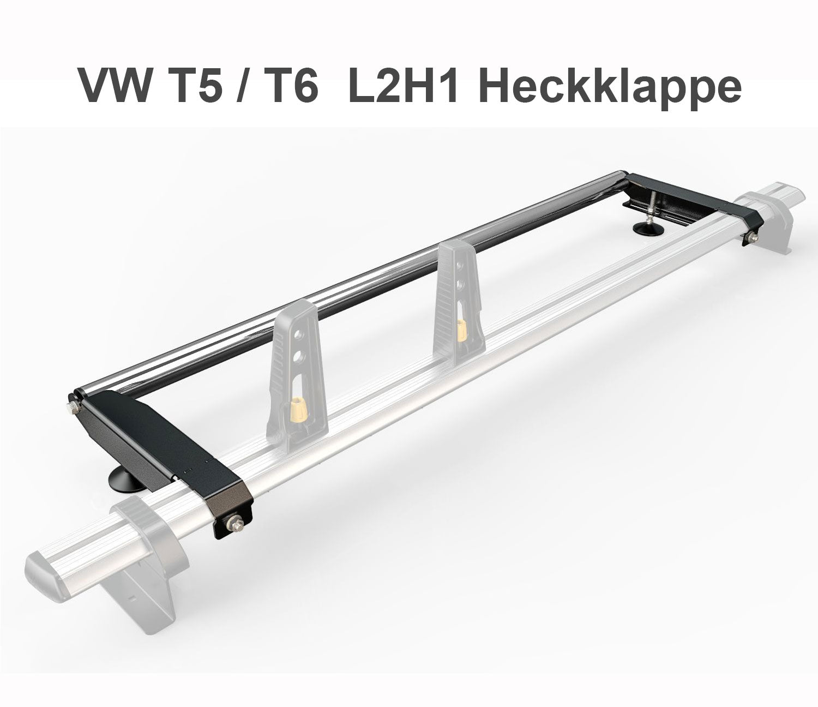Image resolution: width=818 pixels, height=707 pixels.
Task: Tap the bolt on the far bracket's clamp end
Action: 752,236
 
